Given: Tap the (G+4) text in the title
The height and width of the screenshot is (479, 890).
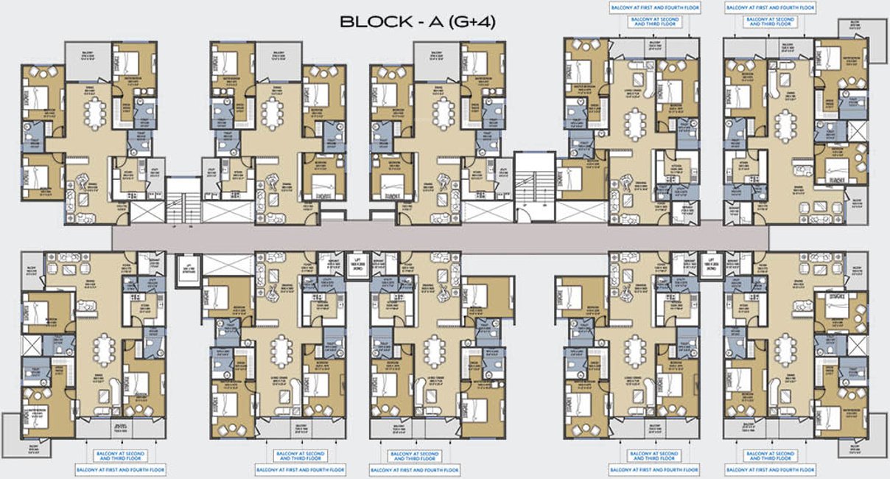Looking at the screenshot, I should [469, 23].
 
